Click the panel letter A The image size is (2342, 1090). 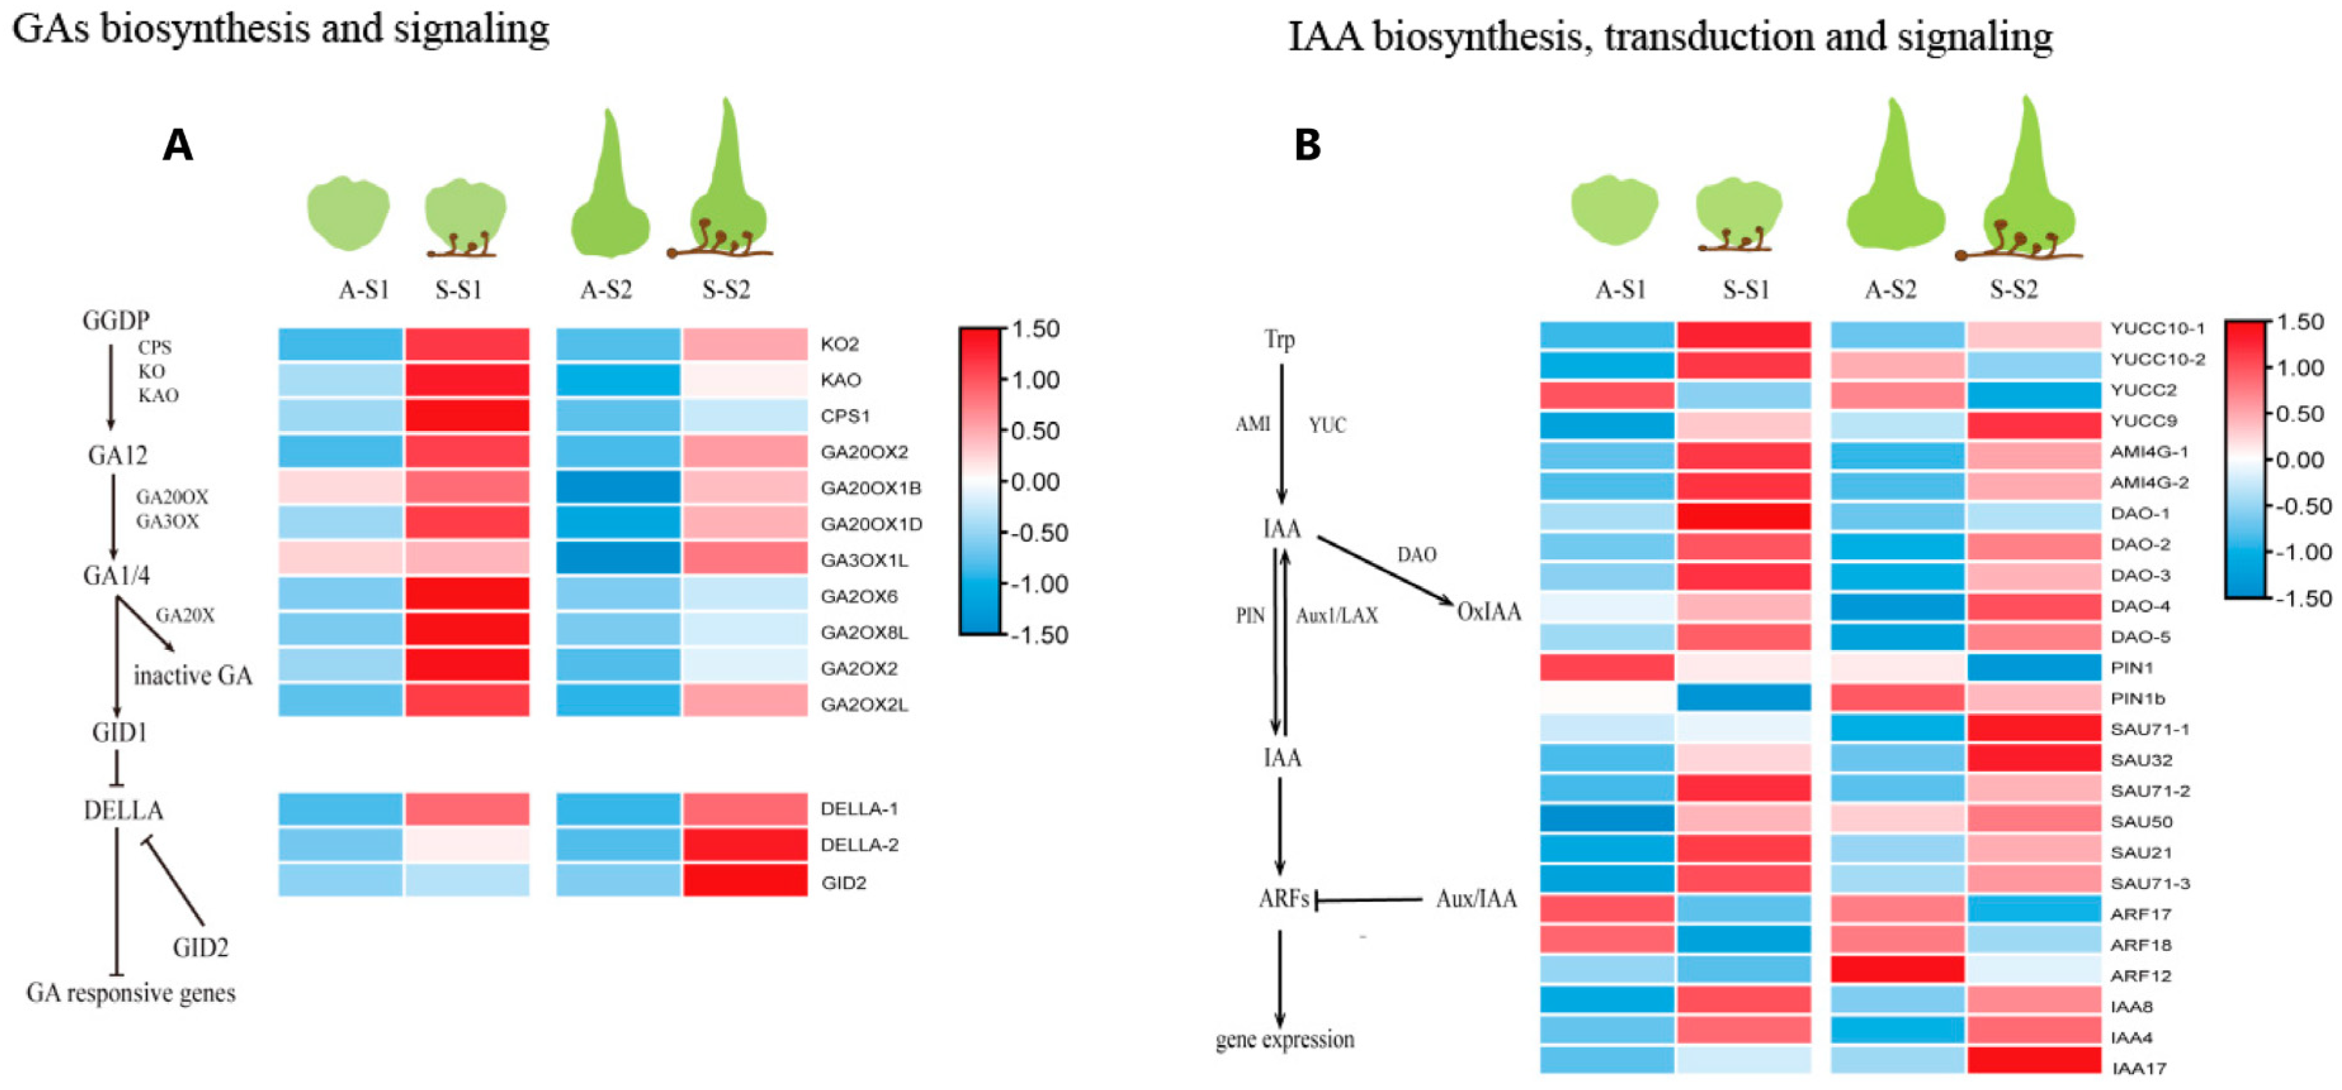coord(178,145)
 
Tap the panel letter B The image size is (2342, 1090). coord(1307,145)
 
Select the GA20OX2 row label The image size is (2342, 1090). coord(864,452)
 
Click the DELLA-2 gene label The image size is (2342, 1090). coord(859,845)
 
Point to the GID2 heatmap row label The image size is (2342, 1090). coord(844,883)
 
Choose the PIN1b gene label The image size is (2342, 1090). coord(2137,698)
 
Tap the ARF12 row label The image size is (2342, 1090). coord(2141,975)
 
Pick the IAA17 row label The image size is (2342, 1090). coord(2138,1068)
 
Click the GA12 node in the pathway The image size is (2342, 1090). coord(117,455)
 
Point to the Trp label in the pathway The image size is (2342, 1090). coord(1279,340)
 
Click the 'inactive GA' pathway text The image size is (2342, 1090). coord(193,675)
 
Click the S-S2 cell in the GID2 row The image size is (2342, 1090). coord(744,881)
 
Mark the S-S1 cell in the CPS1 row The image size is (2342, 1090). coord(467,415)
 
